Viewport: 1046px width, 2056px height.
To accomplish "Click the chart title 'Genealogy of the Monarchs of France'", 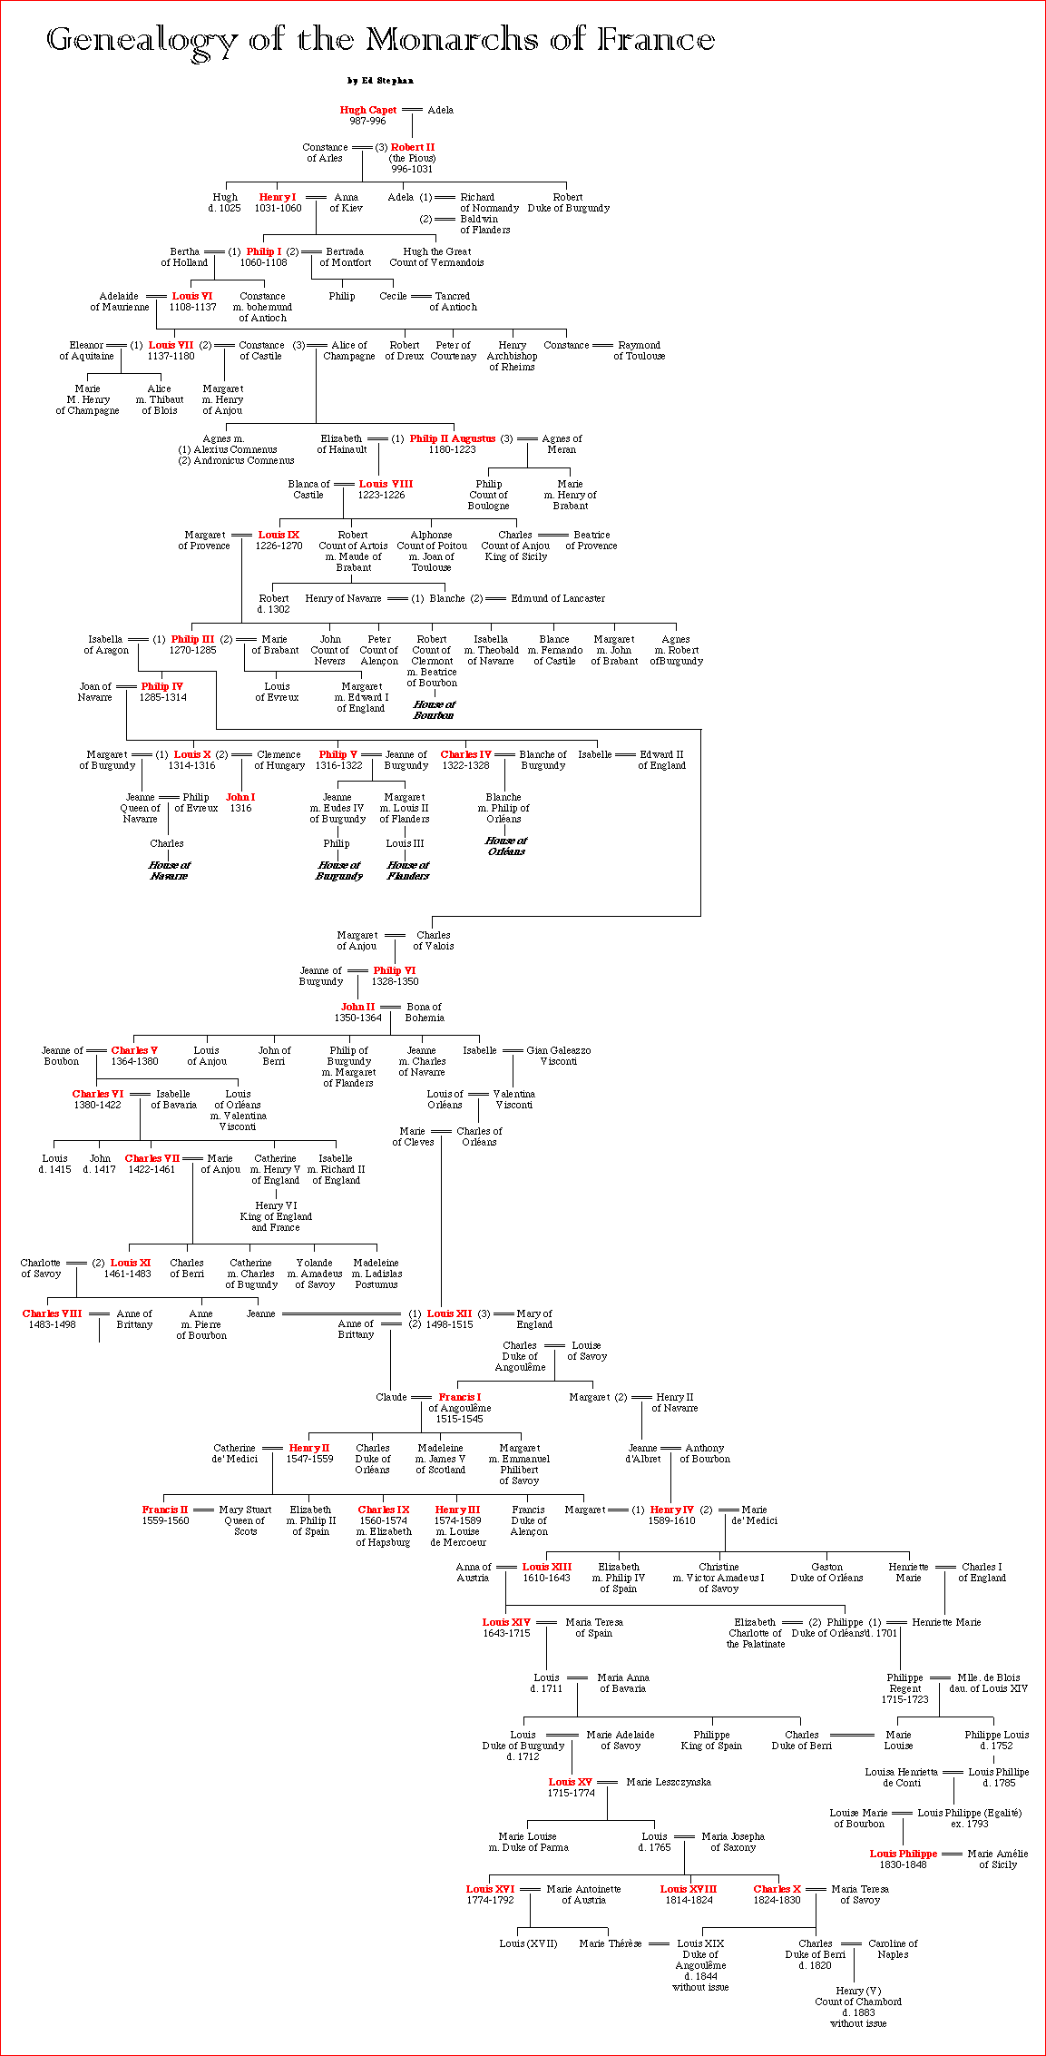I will pos(380,40).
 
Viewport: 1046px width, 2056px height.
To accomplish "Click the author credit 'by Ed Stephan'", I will pos(380,81).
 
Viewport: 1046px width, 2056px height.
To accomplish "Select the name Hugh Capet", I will pos(367,110).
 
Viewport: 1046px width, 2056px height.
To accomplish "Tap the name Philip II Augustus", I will pos(452,438).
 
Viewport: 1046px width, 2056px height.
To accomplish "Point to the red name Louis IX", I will pos(279,535).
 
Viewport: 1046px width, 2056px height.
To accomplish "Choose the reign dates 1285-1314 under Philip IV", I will pos(162,697).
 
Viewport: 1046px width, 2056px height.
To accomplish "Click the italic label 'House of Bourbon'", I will pos(434,710).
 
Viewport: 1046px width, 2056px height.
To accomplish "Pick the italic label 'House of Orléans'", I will pos(505,846).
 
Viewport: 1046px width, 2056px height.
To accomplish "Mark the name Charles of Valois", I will pos(434,940).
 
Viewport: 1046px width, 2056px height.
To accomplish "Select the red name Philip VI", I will pos(394,970).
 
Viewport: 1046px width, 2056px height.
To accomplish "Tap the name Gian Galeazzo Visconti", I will pos(558,1056).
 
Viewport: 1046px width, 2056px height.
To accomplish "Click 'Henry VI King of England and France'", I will pos(276,1216).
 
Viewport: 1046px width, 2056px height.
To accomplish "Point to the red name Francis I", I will pos(459,1397).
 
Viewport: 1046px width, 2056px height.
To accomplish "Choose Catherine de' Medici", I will pos(234,1453).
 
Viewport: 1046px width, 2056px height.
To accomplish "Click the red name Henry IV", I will pos(671,1510).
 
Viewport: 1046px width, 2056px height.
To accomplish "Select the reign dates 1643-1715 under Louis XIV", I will pos(506,1633).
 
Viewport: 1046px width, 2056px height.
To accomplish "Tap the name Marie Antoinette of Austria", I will pos(583,1894).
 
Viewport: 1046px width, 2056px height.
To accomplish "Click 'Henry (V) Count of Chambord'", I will pos(857,1996).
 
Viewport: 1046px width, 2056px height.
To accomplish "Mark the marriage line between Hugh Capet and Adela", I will pos(412,110).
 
